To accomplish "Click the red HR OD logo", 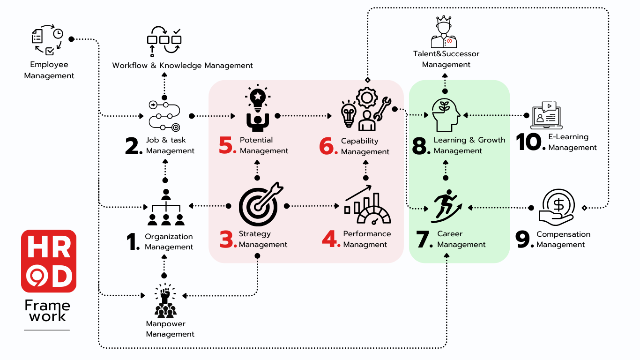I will pos(49,261).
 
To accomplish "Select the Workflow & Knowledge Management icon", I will pos(164,42).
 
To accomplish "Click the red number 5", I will pos(228,145).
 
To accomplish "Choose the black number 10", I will pos(530,142).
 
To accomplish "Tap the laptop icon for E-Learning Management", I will pos(546,115).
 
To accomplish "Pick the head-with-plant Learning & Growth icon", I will pos(446,115).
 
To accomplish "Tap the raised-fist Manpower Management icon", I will pos(164,300).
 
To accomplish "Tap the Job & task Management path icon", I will pos(164,115).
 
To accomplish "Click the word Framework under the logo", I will pos(47,311).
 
